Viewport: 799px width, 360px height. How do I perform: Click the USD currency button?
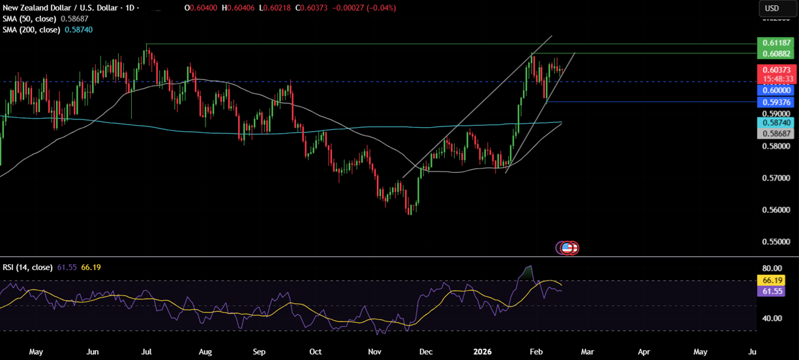coord(772,8)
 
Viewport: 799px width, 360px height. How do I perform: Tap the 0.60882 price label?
coord(774,53)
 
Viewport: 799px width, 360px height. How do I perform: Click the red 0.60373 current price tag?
coord(774,70)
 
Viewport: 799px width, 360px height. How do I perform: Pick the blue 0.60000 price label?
coord(774,91)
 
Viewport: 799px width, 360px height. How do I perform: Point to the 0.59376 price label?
coord(774,102)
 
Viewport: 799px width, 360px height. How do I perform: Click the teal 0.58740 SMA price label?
coord(774,123)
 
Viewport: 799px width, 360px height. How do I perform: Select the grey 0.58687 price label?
coord(774,133)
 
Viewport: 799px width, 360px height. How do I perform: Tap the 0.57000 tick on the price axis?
coord(774,178)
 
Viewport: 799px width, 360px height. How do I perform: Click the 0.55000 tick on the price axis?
coord(774,242)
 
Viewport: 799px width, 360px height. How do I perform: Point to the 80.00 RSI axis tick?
coord(772,268)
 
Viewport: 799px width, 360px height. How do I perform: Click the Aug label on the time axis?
coord(205,352)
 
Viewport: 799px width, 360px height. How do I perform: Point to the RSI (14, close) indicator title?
coord(26,267)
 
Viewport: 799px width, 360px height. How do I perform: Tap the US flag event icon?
coord(568,248)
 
